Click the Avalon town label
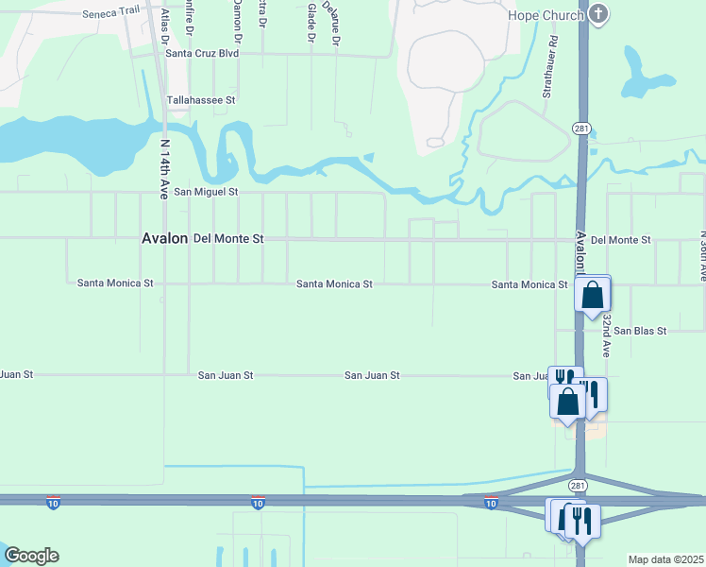point(165,239)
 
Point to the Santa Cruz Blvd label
point(202,53)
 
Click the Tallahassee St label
point(201,99)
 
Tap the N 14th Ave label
point(165,169)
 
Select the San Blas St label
point(640,331)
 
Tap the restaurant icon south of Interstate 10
point(582,519)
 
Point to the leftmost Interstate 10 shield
point(53,503)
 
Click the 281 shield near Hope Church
point(581,129)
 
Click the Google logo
point(31,556)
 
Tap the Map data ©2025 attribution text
point(665,559)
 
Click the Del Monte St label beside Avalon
point(228,239)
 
